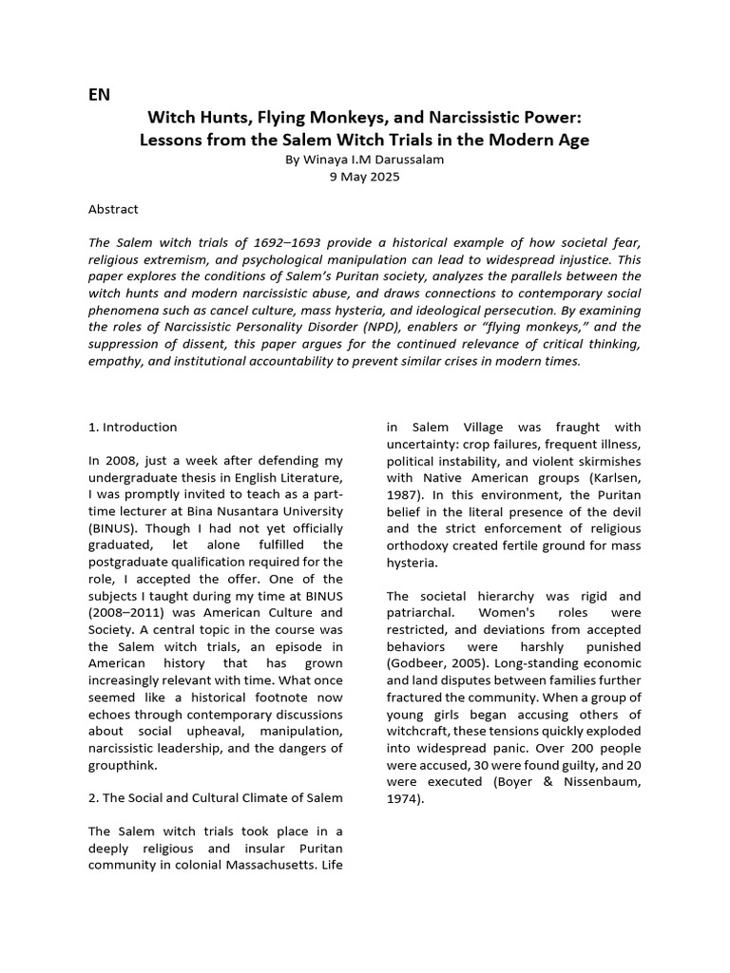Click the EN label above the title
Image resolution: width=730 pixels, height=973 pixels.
point(99,94)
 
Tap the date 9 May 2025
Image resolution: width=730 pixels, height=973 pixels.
point(365,177)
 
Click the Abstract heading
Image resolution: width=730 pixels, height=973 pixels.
point(113,208)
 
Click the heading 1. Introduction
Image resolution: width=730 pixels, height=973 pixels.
point(132,427)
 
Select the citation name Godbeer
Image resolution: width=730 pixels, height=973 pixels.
point(418,663)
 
